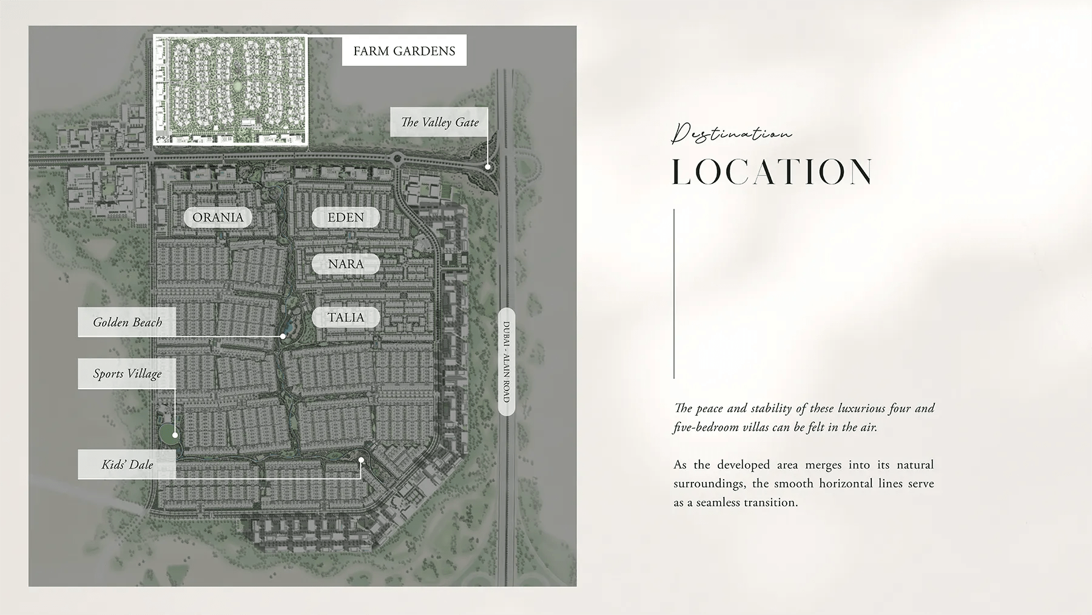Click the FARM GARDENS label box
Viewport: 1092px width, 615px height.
pos(404,51)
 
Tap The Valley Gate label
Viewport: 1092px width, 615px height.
pos(439,122)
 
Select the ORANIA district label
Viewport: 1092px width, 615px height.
pos(218,217)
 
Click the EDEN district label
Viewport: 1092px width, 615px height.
pos(346,217)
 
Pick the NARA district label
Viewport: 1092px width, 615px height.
pos(346,264)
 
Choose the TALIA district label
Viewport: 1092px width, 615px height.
pos(346,318)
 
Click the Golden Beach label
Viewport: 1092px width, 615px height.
pos(127,322)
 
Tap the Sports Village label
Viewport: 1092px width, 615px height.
pos(127,373)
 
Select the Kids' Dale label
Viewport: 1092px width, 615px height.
pos(127,464)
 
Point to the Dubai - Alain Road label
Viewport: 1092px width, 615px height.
pos(507,362)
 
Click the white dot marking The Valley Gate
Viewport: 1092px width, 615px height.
pos(488,166)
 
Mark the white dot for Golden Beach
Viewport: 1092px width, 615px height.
pos(283,336)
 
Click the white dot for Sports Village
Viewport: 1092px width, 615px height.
pos(175,435)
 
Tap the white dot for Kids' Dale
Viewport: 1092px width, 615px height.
pos(361,460)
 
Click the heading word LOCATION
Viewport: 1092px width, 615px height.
pos(772,172)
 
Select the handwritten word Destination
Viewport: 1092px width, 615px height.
pos(731,133)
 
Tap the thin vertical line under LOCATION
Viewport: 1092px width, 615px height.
pos(674,294)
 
